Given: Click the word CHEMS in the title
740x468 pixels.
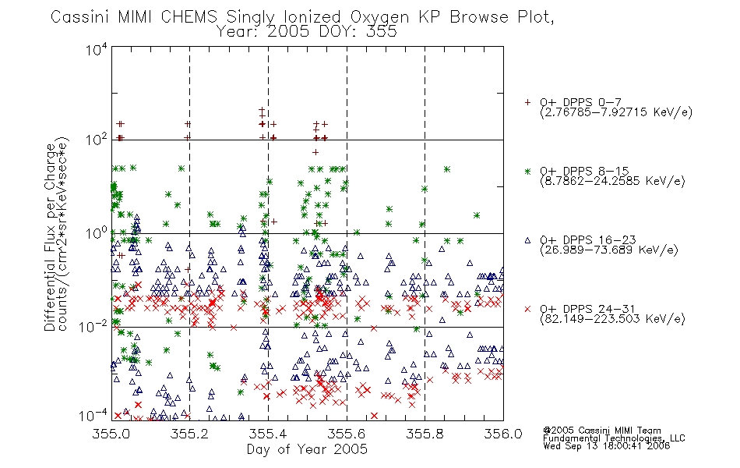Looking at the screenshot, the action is (189, 17).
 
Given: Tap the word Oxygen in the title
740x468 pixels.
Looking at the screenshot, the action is (379, 18).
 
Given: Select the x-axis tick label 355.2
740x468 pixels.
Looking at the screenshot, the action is (190, 434).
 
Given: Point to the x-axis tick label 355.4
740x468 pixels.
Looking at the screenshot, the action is (268, 434).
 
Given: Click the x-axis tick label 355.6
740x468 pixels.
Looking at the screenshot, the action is (347, 434).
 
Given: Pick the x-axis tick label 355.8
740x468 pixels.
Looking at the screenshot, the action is (425, 434).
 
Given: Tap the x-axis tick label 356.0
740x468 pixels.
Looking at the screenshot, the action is (503, 434).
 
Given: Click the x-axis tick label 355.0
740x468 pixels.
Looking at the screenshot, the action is (111, 434).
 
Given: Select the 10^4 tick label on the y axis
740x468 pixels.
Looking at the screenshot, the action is (97, 49).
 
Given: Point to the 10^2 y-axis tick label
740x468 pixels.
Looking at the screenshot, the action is (97, 140).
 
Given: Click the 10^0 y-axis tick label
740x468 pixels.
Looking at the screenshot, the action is (97, 233).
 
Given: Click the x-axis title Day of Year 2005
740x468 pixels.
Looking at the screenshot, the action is (307, 449).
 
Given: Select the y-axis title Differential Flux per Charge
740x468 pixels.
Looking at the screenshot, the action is (50, 237).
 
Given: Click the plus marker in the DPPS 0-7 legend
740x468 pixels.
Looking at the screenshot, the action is (527, 102).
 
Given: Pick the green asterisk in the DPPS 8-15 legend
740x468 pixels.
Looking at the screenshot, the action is (527, 171).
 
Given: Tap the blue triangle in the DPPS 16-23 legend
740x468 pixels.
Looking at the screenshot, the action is (527, 240).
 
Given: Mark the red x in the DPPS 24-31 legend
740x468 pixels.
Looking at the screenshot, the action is (527, 309).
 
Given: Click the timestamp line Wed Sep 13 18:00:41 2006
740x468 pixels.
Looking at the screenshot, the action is (607, 446).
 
